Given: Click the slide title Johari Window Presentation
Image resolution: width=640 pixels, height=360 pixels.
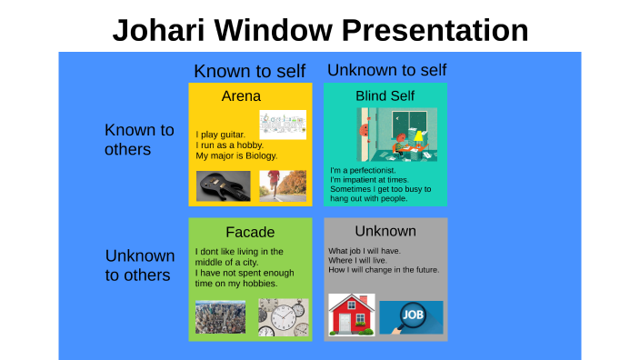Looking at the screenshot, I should (320, 30).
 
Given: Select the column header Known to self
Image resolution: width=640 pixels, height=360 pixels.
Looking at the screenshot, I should (249, 71).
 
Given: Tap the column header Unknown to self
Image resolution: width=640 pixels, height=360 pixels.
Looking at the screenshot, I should (386, 70).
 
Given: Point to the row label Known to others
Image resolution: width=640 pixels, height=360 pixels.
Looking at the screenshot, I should (139, 140).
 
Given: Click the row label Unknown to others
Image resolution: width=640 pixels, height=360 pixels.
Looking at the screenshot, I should (140, 265).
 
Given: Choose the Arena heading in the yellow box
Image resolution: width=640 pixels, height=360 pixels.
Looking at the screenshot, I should (241, 95).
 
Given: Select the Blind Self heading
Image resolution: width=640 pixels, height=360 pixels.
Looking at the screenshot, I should (385, 95).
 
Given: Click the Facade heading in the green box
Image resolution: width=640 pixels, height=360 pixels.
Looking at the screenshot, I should (250, 232).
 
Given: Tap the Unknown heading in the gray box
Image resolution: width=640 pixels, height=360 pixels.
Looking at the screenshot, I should (385, 231).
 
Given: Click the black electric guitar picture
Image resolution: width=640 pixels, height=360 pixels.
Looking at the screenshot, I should (224, 186).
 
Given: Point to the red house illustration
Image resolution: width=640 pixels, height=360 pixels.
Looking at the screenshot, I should (352, 314).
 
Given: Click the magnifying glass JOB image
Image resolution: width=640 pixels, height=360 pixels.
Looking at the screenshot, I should (411, 317).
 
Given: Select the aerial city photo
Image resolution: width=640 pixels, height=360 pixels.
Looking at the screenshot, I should (220, 316).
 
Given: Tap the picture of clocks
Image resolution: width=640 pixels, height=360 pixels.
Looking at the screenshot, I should (283, 316).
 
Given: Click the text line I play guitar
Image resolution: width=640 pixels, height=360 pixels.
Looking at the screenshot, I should (220, 135).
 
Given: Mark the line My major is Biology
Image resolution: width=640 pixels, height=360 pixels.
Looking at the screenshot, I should (236, 155).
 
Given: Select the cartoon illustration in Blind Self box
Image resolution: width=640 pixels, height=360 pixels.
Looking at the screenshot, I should (397, 135).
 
